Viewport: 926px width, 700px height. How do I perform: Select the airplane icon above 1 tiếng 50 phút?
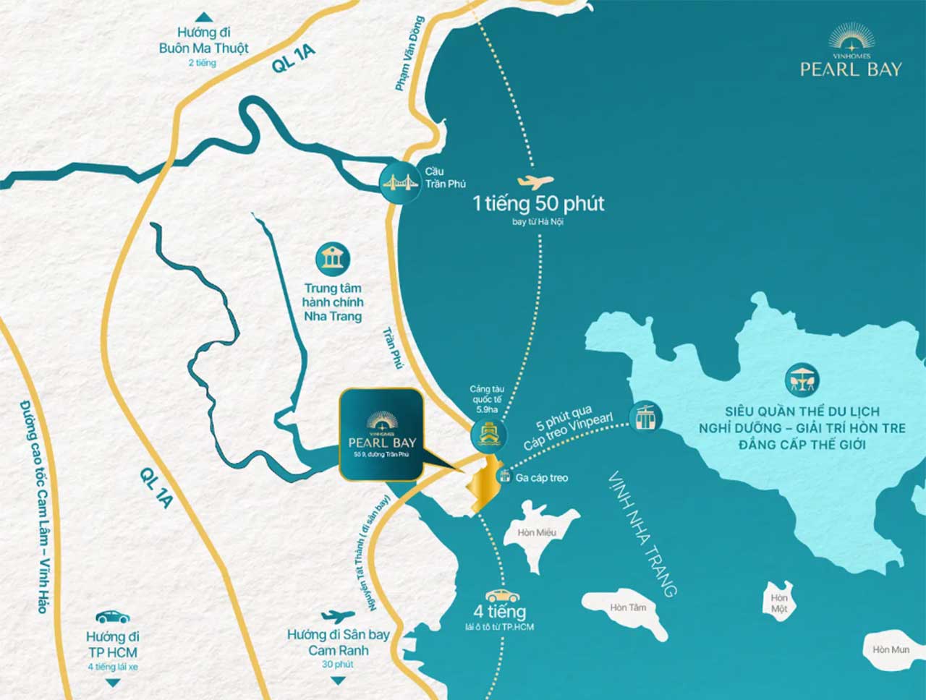pyautogui.click(x=535, y=183)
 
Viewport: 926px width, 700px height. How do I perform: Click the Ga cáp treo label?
pyautogui.click(x=541, y=477)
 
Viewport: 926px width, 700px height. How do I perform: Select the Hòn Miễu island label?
pyautogui.click(x=537, y=533)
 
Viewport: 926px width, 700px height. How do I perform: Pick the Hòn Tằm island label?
pyautogui.click(x=628, y=607)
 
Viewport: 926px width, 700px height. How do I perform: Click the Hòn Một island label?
pyautogui.click(x=779, y=603)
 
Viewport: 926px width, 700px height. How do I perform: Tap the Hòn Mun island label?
pyautogui.click(x=891, y=649)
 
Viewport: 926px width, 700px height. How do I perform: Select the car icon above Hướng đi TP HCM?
pyautogui.click(x=112, y=617)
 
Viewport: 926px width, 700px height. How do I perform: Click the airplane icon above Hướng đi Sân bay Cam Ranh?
pyautogui.click(x=338, y=617)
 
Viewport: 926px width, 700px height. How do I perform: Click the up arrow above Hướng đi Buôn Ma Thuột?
pyautogui.click(x=204, y=17)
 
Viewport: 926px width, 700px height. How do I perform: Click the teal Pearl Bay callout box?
pyautogui.click(x=381, y=434)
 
